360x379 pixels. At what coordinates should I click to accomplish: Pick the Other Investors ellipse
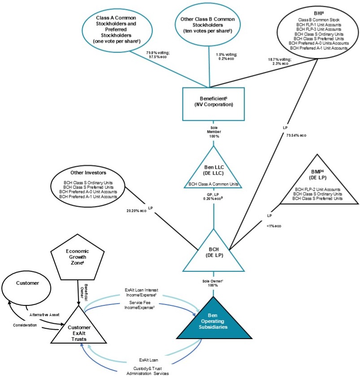[88, 184]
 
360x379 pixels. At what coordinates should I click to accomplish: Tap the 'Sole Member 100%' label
[213, 133]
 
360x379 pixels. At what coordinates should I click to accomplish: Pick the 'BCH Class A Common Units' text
[213, 184]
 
